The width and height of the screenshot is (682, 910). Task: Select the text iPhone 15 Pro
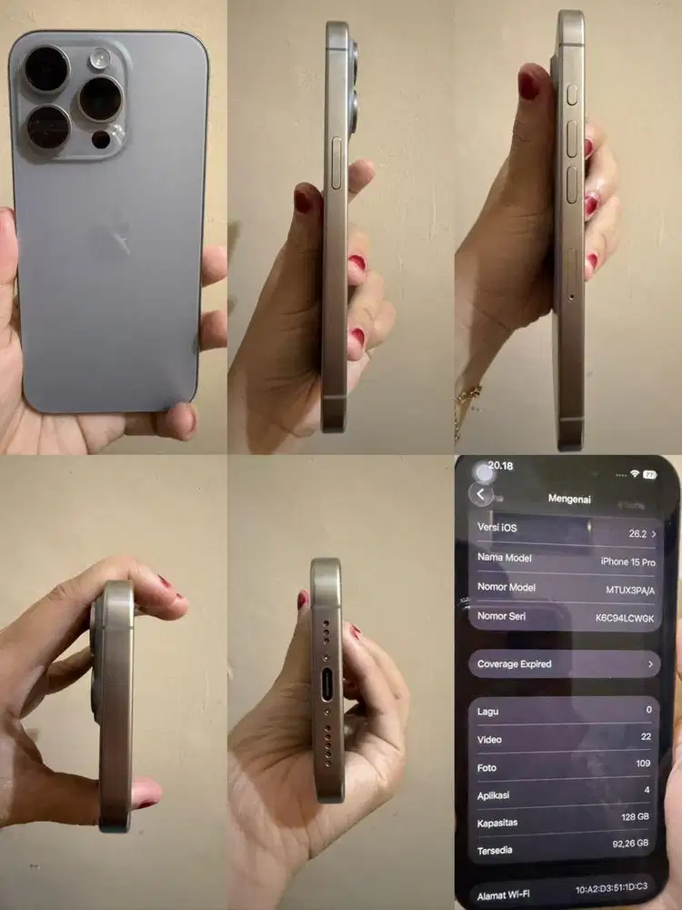pyautogui.click(x=627, y=562)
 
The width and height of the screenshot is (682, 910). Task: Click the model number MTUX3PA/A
pyautogui.click(x=630, y=590)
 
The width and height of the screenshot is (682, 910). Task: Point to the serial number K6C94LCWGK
pyautogui.click(x=625, y=618)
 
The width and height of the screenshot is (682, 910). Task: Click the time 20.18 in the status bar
pyautogui.click(x=500, y=466)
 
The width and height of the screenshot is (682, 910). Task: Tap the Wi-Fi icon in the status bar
pyautogui.click(x=634, y=474)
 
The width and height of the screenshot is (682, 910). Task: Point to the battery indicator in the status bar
pyautogui.click(x=649, y=474)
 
